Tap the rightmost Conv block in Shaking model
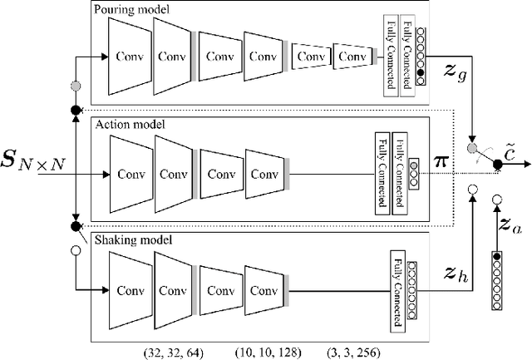pyautogui.click(x=264, y=292)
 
